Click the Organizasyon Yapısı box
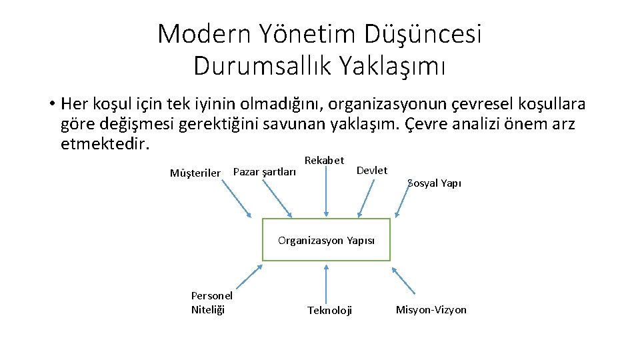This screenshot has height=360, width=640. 326,240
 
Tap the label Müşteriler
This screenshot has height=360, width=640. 195,173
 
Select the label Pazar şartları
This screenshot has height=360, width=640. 265,172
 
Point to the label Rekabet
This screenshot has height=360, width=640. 324,160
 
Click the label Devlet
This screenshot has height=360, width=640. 372,171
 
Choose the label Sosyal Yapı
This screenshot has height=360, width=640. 434,183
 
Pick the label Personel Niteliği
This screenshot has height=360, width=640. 211,302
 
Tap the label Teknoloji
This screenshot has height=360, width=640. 329,310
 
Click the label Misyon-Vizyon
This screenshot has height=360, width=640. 431,309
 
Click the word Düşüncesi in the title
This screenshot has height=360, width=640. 423,34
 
